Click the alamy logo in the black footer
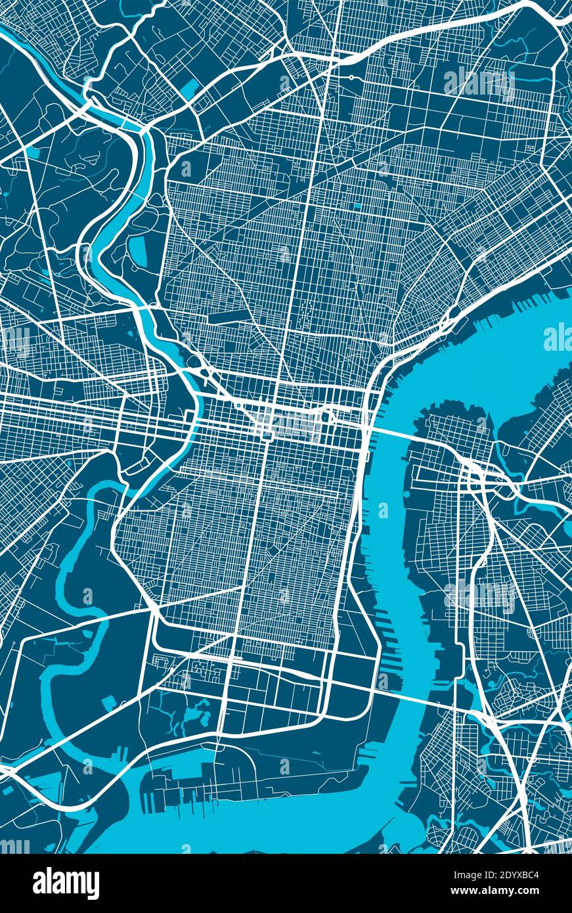[66, 883]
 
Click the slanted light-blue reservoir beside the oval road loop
[190, 87]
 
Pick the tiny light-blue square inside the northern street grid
[357, 206]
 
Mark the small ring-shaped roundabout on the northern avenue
[351, 78]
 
